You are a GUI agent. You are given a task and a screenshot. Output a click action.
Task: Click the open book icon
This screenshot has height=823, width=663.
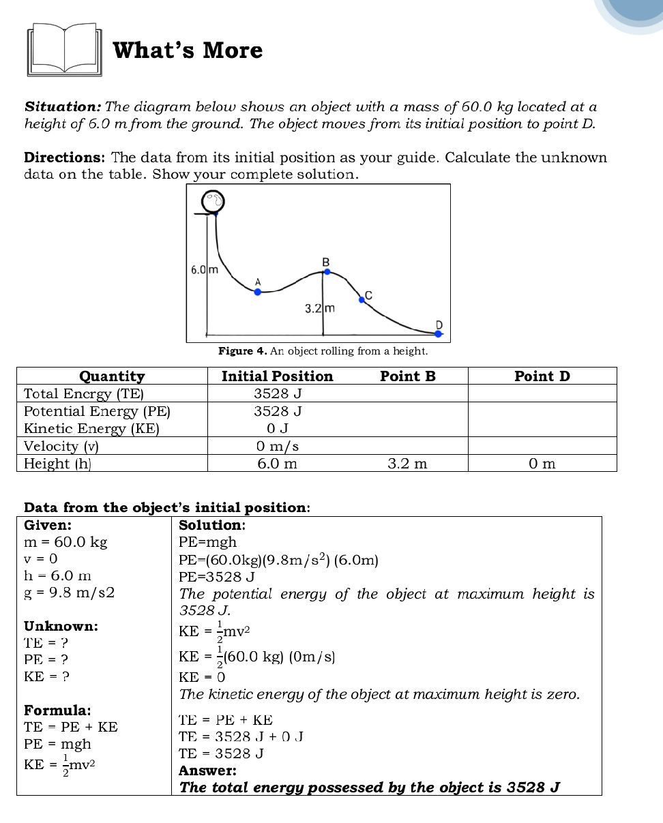tap(64, 50)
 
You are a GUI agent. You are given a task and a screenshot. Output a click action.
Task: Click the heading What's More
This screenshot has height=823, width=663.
tap(188, 50)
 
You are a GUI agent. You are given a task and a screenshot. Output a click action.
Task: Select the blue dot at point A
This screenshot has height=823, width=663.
tap(258, 292)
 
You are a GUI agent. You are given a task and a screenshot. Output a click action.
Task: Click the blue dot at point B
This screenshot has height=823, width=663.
tap(327, 271)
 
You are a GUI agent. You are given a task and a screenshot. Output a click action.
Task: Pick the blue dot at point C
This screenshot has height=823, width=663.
tap(362, 299)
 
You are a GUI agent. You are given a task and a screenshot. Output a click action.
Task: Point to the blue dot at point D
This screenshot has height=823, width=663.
tap(439, 333)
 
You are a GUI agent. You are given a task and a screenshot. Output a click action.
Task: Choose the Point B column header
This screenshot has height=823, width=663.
tap(407, 376)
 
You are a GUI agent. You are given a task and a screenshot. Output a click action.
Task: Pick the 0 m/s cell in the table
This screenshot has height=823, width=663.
tap(278, 447)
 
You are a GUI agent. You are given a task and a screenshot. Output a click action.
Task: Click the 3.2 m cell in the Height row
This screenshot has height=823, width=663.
tap(407, 464)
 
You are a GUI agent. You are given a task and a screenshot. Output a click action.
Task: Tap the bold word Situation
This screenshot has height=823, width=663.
tap(63, 107)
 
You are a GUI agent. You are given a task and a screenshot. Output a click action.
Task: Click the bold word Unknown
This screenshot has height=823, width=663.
tap(61, 626)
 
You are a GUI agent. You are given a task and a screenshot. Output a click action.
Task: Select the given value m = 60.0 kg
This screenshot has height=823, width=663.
tap(65, 543)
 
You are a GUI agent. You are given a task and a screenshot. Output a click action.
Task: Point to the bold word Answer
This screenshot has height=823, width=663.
tap(207, 770)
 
